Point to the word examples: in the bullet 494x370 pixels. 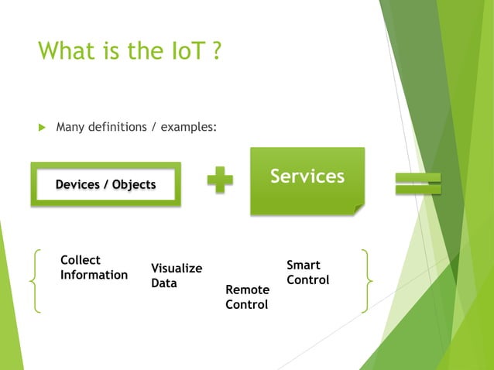[x=188, y=126]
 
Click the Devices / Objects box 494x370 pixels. [x=105, y=184]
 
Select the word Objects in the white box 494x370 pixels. [x=134, y=184]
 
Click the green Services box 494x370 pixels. [x=307, y=180]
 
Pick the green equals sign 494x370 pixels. [x=418, y=183]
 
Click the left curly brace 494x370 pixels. [x=35, y=279]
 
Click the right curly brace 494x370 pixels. [x=366, y=279]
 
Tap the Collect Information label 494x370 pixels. [x=94, y=267]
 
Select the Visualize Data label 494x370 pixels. [x=177, y=276]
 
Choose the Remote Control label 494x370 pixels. [x=247, y=296]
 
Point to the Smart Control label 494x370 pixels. [x=307, y=272]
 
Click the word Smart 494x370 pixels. [x=304, y=265]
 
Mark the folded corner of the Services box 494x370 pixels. [x=358, y=207]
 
